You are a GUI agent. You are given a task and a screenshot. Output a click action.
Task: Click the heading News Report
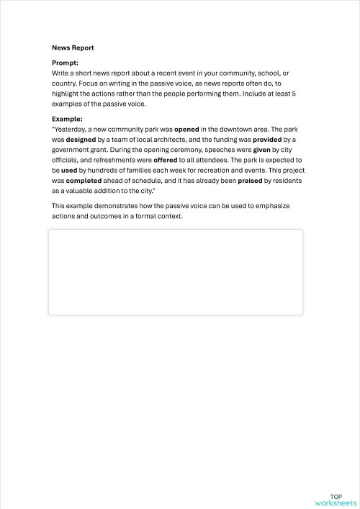[x=73, y=48]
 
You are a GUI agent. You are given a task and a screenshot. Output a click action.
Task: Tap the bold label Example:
[x=67, y=118]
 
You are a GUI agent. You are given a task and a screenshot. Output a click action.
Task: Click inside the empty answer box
[x=175, y=272]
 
